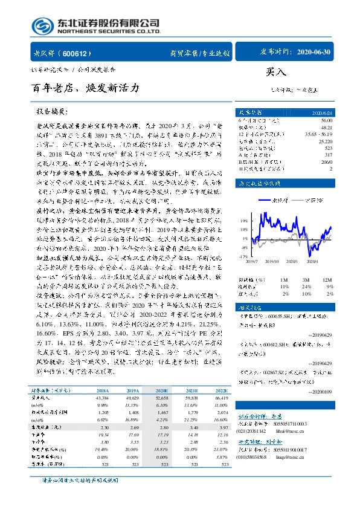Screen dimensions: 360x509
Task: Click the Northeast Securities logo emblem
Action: (42, 26)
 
